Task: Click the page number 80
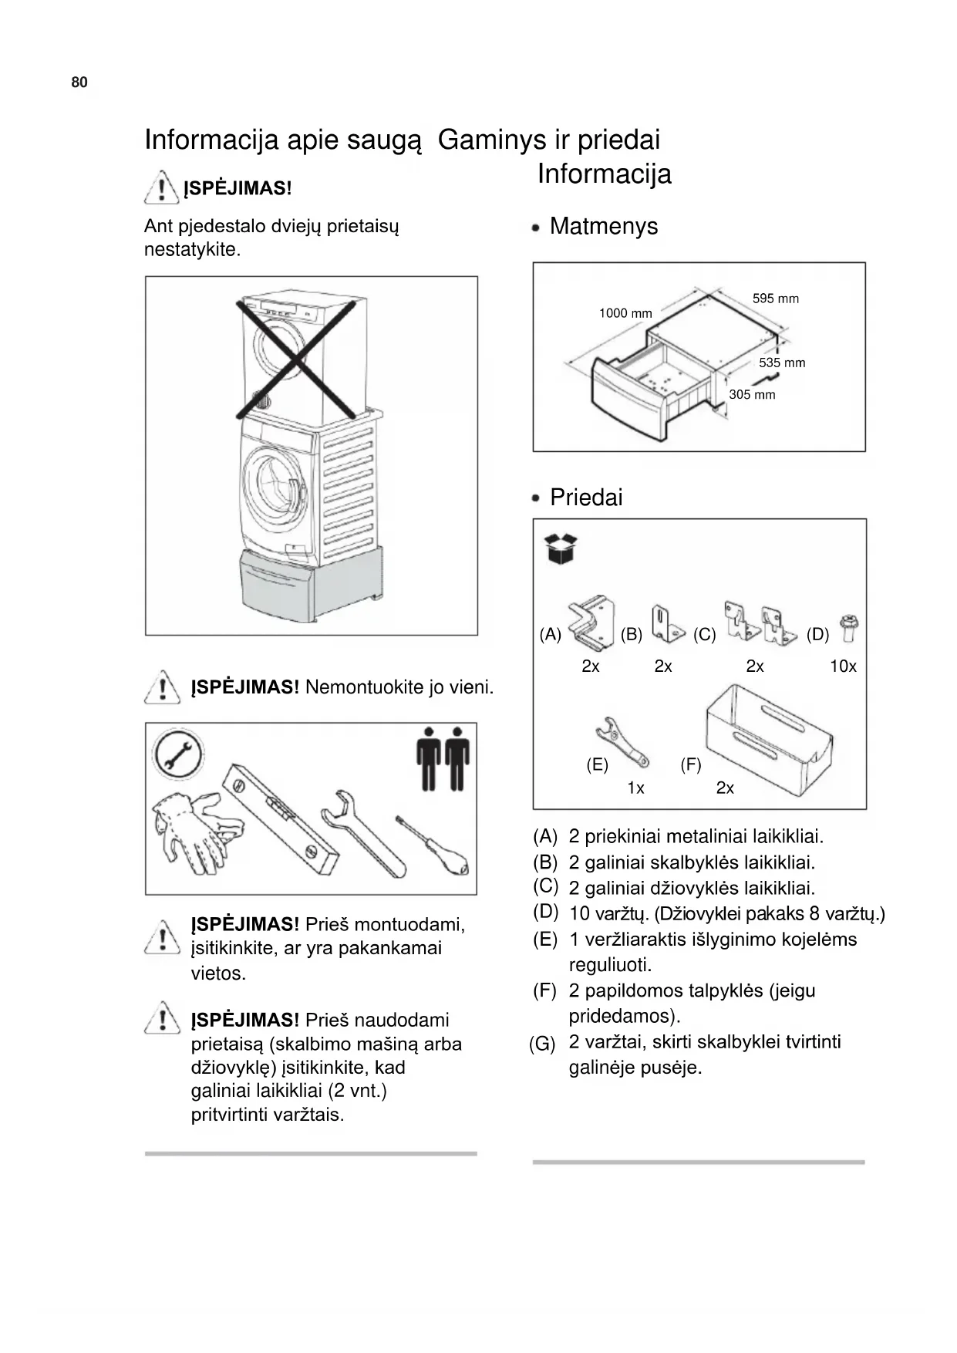[x=79, y=83]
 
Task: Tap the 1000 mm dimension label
[x=625, y=313]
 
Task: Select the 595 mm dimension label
[x=775, y=299]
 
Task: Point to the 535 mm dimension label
[x=781, y=363]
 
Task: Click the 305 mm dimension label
[x=752, y=394]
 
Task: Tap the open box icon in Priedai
[x=561, y=548]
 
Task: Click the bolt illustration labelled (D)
[x=851, y=629]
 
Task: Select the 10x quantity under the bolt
[x=843, y=666]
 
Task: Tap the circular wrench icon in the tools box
[x=178, y=754]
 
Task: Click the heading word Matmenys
[x=603, y=226]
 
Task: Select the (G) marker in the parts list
[x=542, y=1044]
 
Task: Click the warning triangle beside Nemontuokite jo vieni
[x=162, y=687]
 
